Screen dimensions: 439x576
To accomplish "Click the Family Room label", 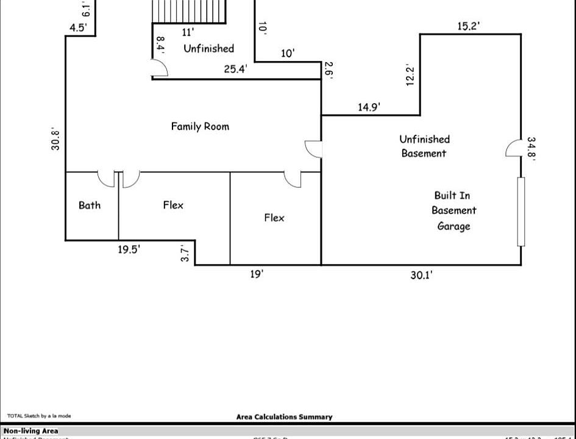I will click(200, 126).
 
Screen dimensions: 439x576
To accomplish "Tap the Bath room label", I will click(90, 205).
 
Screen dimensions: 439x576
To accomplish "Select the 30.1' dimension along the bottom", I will click(421, 275).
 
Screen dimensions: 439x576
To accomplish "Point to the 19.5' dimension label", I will click(129, 249).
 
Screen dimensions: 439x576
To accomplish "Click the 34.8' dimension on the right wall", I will click(532, 148).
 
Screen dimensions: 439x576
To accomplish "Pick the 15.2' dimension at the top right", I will click(469, 26).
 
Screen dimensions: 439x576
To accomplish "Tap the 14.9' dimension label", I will click(369, 107).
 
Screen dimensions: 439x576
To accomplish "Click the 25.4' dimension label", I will click(235, 69).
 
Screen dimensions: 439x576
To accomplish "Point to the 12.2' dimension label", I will click(410, 76).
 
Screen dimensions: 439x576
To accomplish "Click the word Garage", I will click(453, 226).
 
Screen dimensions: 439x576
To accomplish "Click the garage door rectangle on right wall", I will click(521, 212).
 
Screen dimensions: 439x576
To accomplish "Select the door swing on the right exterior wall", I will click(513, 148).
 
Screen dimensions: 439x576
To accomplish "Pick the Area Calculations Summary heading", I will click(284, 417).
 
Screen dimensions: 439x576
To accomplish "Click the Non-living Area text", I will click(31, 430).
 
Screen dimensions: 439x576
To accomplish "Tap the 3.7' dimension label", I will click(187, 252).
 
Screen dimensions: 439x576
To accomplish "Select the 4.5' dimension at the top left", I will click(78, 27).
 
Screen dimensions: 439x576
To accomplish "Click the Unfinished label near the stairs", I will click(209, 48).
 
